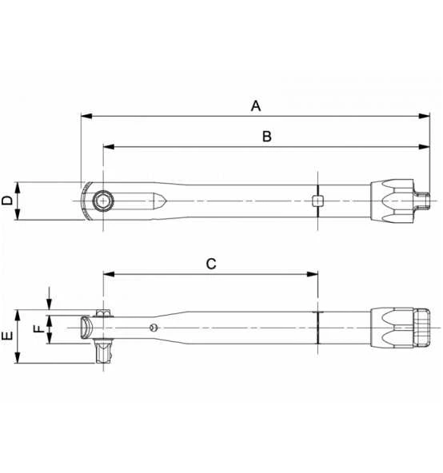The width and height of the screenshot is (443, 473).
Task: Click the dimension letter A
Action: [256, 106]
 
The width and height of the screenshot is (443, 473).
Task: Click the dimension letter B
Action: [267, 137]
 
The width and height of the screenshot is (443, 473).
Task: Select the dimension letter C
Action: [211, 264]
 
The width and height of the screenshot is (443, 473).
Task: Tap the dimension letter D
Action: [7, 201]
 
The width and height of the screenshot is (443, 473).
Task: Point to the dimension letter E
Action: [7, 336]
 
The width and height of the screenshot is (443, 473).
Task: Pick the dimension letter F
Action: [38, 329]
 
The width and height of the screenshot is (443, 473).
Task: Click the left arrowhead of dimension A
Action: [86, 116]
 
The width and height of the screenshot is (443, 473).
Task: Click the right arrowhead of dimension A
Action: [424, 116]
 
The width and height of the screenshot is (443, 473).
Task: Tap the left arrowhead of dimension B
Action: [109, 147]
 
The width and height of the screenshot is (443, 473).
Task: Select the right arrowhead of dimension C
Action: [312, 274]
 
